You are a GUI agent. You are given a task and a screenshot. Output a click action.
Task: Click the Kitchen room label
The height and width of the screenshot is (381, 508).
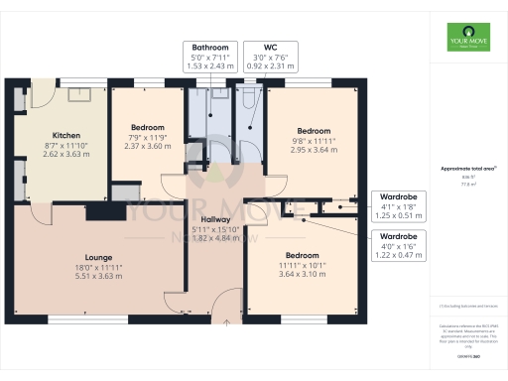[x=65, y=135]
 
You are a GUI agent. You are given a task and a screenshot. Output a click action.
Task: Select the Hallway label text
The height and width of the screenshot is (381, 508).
[x=215, y=219]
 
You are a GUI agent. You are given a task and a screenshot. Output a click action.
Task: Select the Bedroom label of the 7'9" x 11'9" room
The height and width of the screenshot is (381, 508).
[x=147, y=127]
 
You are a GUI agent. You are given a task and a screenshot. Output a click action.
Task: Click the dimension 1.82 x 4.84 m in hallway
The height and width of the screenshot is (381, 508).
[x=215, y=239]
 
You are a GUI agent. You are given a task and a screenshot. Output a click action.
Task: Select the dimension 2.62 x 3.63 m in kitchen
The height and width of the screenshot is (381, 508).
[x=65, y=155]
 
